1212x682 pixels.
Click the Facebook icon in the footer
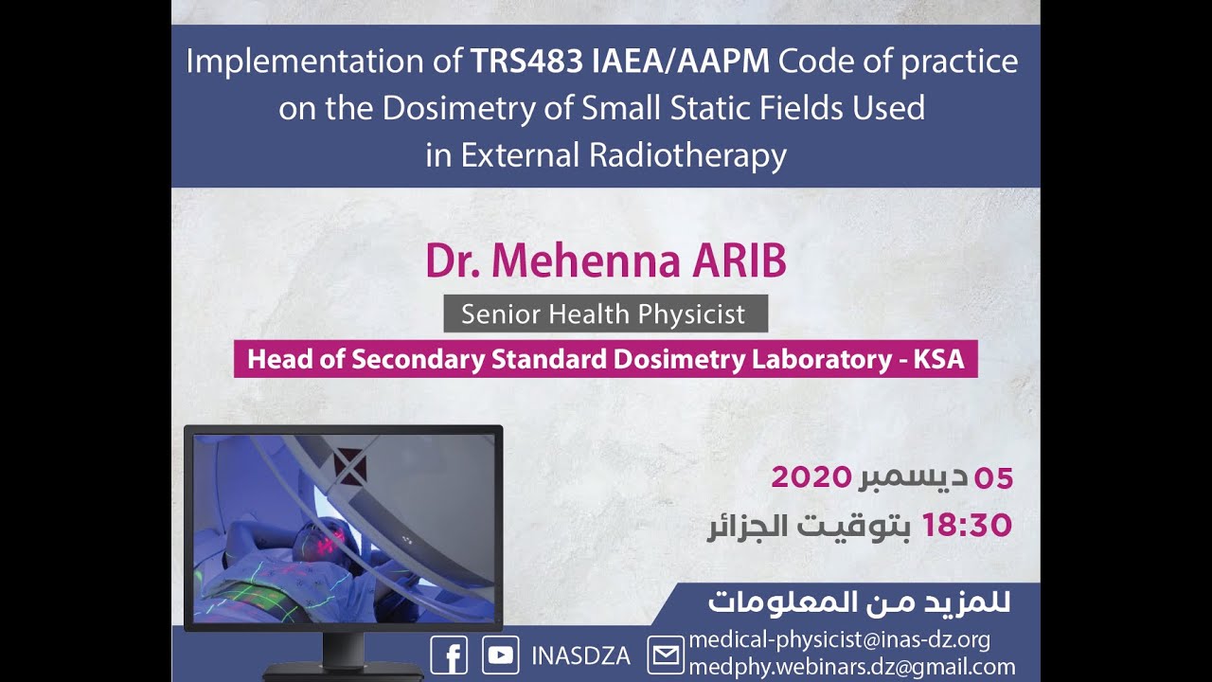tap(449, 655)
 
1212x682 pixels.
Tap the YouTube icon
tap(500, 655)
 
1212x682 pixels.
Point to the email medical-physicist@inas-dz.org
tap(839, 639)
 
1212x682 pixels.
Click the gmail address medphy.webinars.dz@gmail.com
tap(851, 667)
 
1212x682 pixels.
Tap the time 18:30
tap(967, 525)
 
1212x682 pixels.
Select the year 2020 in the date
tap(811, 476)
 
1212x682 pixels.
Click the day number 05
tap(993, 477)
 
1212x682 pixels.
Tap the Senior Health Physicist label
tap(604, 314)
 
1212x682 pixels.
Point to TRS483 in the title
tap(526, 62)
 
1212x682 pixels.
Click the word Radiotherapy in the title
tap(687, 154)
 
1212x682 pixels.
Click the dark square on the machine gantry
tap(349, 464)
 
